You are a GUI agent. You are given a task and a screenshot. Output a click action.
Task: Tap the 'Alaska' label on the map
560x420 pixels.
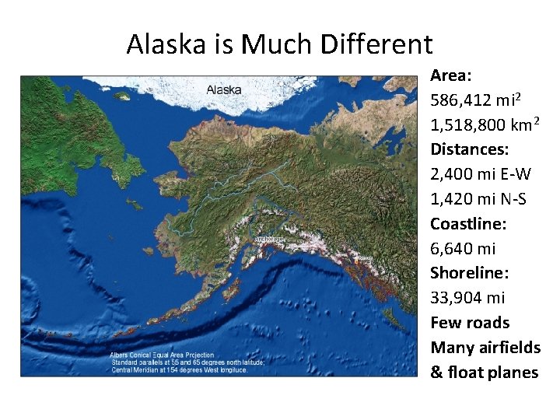point(224,89)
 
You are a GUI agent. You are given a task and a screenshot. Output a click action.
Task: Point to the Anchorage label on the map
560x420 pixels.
point(269,240)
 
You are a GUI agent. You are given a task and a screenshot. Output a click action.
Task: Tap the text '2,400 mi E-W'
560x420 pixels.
point(481,174)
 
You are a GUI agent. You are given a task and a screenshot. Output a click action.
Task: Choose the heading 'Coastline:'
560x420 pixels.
point(468,223)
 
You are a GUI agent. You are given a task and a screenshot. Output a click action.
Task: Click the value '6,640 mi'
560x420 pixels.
point(463,248)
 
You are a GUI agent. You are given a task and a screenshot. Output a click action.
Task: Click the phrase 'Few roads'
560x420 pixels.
point(471,323)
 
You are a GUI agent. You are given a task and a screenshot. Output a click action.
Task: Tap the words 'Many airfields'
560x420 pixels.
point(485,348)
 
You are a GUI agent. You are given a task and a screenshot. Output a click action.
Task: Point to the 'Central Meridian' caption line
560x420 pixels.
point(179,369)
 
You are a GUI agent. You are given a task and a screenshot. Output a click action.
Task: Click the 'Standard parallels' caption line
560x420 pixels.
point(187,362)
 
